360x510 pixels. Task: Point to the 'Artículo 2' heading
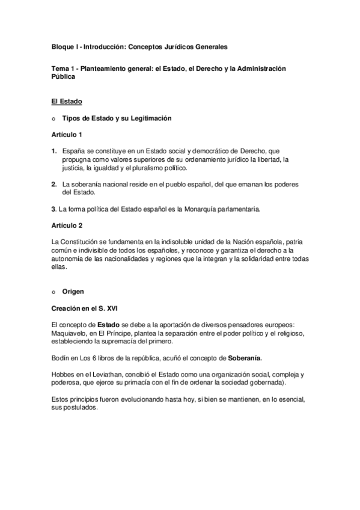click(x=68, y=225)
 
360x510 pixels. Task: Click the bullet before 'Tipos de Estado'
click(x=54, y=118)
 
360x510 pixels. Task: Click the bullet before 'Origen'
click(x=54, y=292)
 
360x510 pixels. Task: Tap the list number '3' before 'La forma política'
click(x=53, y=209)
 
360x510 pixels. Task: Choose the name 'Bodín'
click(x=63, y=358)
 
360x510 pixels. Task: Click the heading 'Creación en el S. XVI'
click(x=85, y=308)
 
